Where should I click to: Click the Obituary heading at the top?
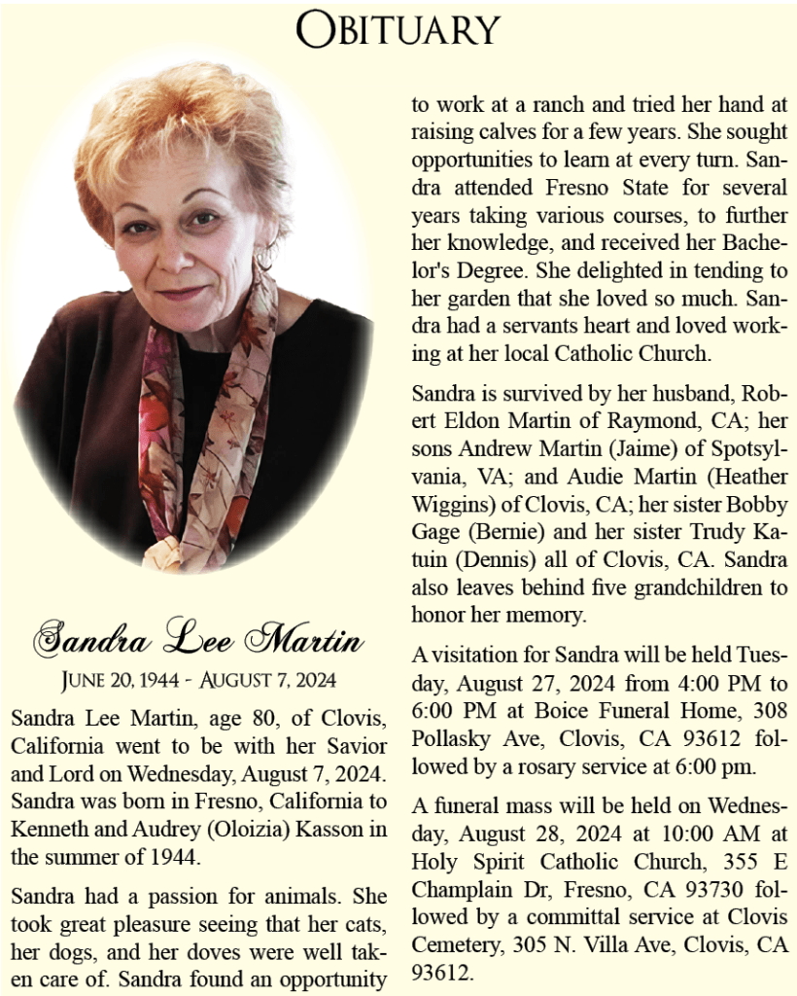[398, 29]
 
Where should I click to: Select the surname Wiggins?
[448, 506]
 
